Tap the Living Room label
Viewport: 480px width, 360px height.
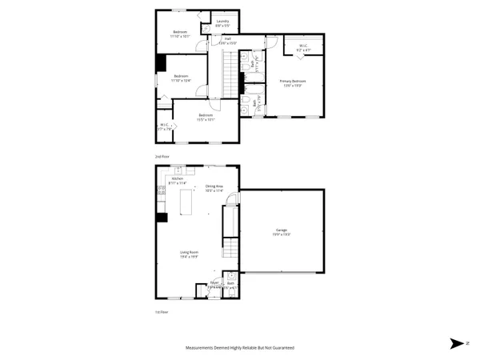pyautogui.click(x=189, y=254)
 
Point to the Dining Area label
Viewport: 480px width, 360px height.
pyautogui.click(x=214, y=189)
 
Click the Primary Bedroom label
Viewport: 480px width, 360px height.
pyautogui.click(x=292, y=82)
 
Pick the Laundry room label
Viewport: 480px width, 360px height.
pyautogui.click(x=222, y=23)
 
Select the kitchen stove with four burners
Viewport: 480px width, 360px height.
pyautogui.click(x=162, y=190)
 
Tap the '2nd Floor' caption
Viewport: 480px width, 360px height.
pyautogui.click(x=162, y=156)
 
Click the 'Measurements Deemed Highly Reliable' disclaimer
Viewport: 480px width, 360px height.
pyautogui.click(x=240, y=349)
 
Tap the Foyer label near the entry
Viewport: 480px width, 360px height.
pyautogui.click(x=214, y=284)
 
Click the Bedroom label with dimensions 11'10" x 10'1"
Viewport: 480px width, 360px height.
pyautogui.click(x=180, y=34)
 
